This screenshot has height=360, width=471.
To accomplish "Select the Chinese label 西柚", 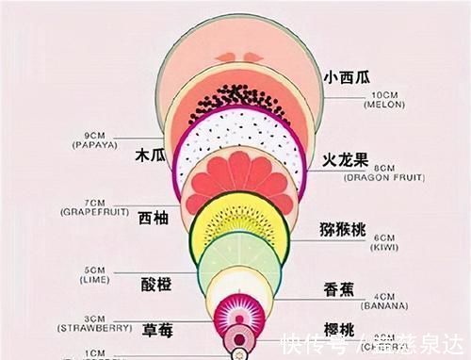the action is pyautogui.click(x=154, y=218).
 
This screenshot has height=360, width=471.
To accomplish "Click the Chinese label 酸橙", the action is pyautogui.click(x=155, y=285).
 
